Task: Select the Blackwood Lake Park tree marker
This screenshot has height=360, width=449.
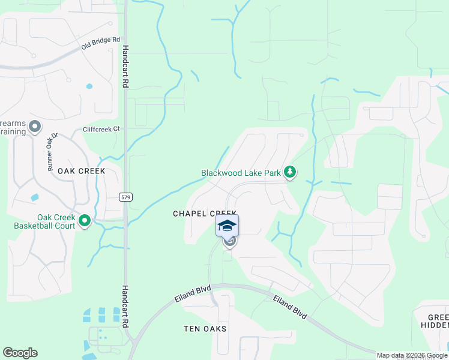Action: click(291, 173)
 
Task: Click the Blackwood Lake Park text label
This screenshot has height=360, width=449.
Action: click(241, 173)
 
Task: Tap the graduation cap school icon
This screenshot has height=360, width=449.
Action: click(228, 226)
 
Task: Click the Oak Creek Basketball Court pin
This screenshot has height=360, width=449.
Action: click(85, 221)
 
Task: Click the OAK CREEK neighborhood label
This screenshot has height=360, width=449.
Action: click(81, 171)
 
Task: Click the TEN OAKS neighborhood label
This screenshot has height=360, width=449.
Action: click(205, 329)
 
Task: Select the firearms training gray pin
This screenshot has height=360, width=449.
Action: click(35, 127)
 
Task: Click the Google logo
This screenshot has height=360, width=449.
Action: click(20, 353)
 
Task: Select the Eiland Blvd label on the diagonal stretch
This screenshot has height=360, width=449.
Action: click(289, 307)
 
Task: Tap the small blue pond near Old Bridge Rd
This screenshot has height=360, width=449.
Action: click(89, 86)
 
